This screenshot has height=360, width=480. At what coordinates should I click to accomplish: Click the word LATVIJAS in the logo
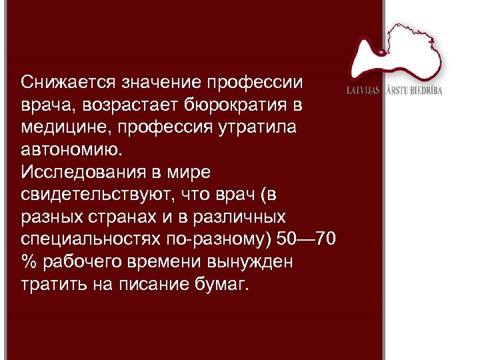pyautogui.click(x=363, y=90)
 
